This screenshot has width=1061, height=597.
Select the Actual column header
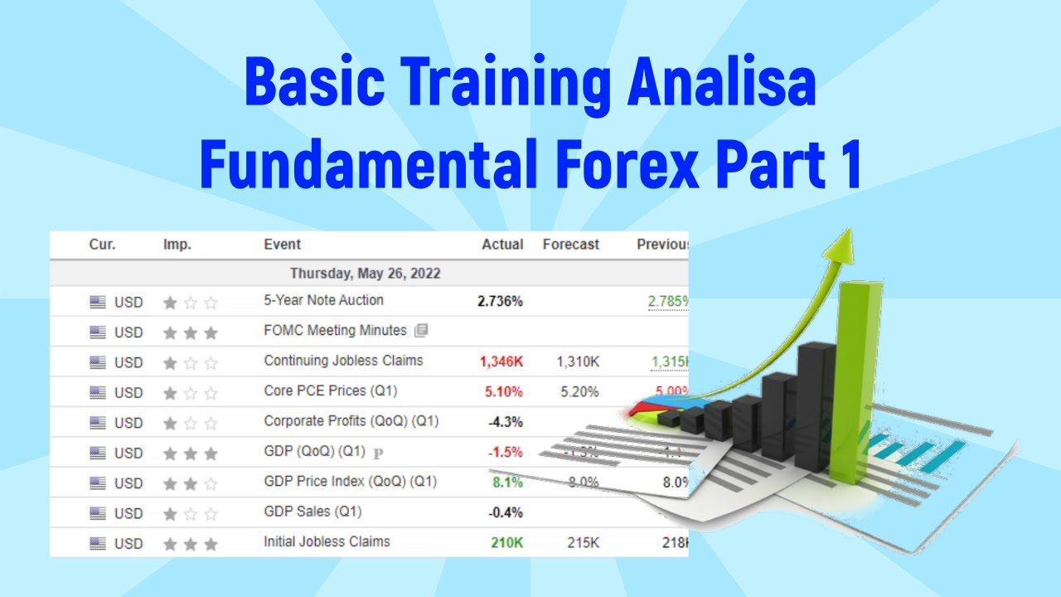(502, 245)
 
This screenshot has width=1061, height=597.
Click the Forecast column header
(570, 245)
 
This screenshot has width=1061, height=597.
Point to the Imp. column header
(177, 245)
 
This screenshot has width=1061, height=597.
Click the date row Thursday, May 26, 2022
(365, 273)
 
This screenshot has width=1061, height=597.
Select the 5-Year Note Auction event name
(323, 300)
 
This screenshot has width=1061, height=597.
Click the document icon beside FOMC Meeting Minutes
(421, 331)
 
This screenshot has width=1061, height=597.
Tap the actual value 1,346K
(501, 362)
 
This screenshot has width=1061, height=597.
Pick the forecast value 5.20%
(579, 391)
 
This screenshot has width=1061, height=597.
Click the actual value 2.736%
(500, 301)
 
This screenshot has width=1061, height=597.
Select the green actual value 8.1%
(507, 483)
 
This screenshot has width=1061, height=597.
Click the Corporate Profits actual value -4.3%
(505, 422)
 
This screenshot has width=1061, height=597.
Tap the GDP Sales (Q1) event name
(312, 512)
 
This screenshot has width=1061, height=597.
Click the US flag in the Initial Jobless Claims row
(98, 544)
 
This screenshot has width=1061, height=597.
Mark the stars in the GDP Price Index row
(191, 483)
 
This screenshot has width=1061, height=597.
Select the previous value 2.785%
(668, 301)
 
